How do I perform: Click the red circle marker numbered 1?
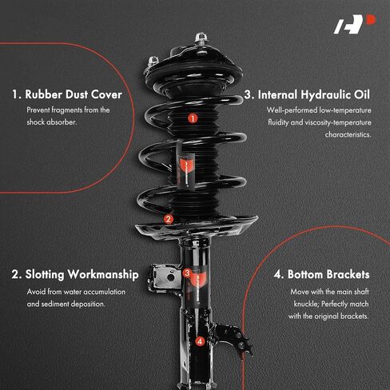pos(193,118)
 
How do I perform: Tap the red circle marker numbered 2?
pos(169,219)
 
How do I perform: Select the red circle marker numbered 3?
pos(187,273)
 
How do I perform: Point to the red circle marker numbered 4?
pos(200,341)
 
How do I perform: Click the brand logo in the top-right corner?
pos(355,24)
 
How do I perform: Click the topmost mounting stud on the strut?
pos(201,39)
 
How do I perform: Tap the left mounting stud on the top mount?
pos(153,62)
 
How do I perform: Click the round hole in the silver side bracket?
pos(170,277)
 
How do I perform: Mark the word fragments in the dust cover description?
pos(66,110)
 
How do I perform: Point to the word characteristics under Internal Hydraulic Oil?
pos(348,134)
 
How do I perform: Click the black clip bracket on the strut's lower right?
pos(234,338)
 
